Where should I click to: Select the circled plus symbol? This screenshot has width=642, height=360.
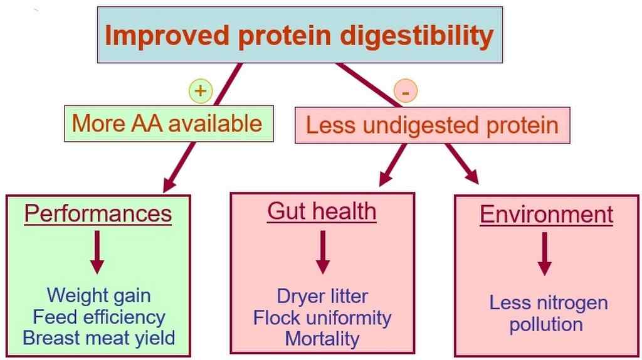[x=201, y=91]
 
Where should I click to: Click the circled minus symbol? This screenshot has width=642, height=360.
[x=406, y=91]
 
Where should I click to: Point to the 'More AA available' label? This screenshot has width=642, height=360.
[x=167, y=124]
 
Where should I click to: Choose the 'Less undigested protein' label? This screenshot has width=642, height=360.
[x=433, y=125]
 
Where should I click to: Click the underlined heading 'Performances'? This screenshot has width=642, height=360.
[x=98, y=213]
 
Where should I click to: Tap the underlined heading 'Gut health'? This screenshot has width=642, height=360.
[x=322, y=211]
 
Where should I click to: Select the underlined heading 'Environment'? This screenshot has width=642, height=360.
[x=547, y=214]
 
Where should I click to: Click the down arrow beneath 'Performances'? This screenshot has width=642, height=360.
[x=97, y=252]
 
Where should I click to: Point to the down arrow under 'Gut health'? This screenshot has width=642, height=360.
[x=323, y=252]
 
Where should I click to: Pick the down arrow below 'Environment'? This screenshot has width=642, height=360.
[x=544, y=254]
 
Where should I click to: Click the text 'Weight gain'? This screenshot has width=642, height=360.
[x=98, y=295]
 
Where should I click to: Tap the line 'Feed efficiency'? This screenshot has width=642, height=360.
[x=99, y=317]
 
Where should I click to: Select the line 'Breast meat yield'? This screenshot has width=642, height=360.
[x=99, y=338]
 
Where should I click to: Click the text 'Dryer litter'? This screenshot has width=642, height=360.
[x=322, y=296]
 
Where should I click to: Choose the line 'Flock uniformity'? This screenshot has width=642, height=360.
[x=322, y=318]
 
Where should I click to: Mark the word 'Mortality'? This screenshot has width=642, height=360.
[x=322, y=339]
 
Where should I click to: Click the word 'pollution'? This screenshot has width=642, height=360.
[x=546, y=324]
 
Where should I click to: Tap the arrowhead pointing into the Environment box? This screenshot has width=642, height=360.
[x=472, y=177]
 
